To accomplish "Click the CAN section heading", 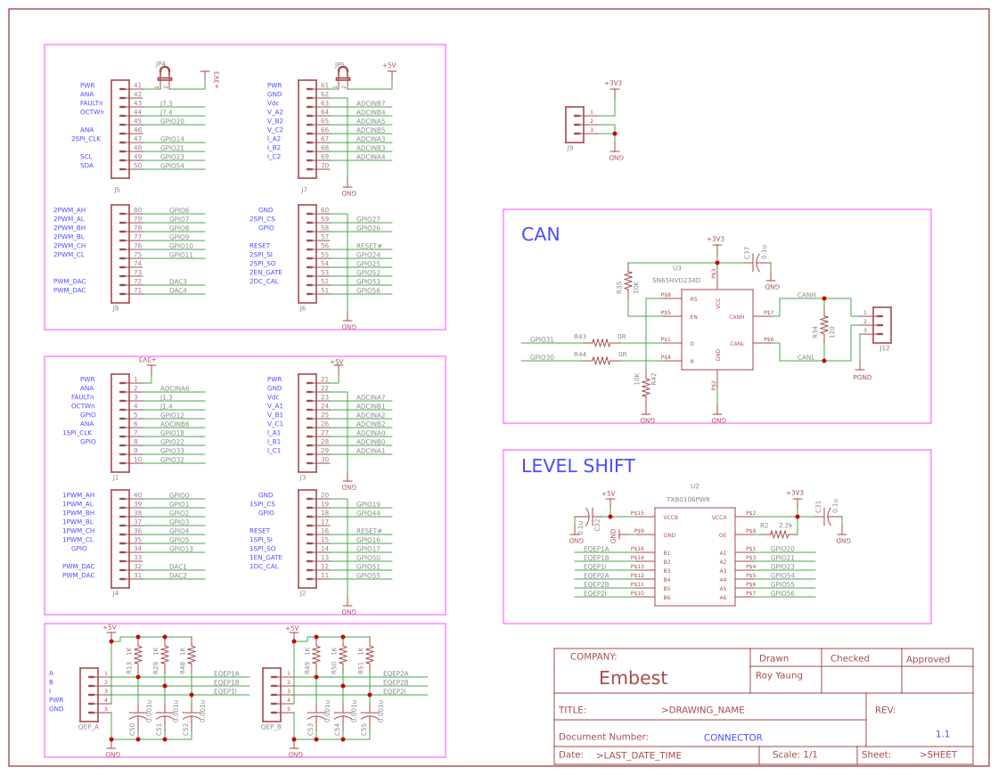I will point(540,234).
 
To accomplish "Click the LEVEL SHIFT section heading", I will point(577,466).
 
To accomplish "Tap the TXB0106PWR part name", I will point(688,500).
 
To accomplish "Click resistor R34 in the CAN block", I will point(824,330).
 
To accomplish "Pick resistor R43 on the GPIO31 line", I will point(601,343).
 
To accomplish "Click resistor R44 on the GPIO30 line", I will point(601,361).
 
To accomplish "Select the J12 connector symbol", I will point(881,325).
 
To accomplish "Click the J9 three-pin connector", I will point(575,124).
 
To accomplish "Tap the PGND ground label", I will point(862,378).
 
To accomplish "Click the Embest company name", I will point(633,678).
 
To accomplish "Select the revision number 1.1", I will point(942,734).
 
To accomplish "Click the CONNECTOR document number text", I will point(732,738).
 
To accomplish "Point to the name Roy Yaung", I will point(779,675).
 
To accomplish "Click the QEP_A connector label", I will point(88,726).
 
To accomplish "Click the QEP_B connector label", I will point(271,726).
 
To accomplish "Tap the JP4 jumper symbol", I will point(164,77).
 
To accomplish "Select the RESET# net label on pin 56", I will point(369,246).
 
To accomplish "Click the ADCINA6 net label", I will point(175,388).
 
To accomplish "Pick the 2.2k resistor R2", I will point(781,534).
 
